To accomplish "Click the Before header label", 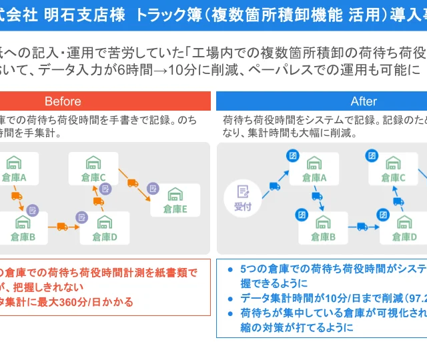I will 63,101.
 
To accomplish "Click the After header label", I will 364,101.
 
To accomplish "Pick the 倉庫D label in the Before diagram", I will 105,237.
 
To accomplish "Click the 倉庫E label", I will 175,209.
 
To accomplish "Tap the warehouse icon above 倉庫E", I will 175,194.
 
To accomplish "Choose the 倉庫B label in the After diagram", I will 323,237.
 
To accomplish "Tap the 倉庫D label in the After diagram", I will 404,237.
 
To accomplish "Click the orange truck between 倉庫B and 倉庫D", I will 62,226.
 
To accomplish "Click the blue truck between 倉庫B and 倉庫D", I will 362,226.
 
